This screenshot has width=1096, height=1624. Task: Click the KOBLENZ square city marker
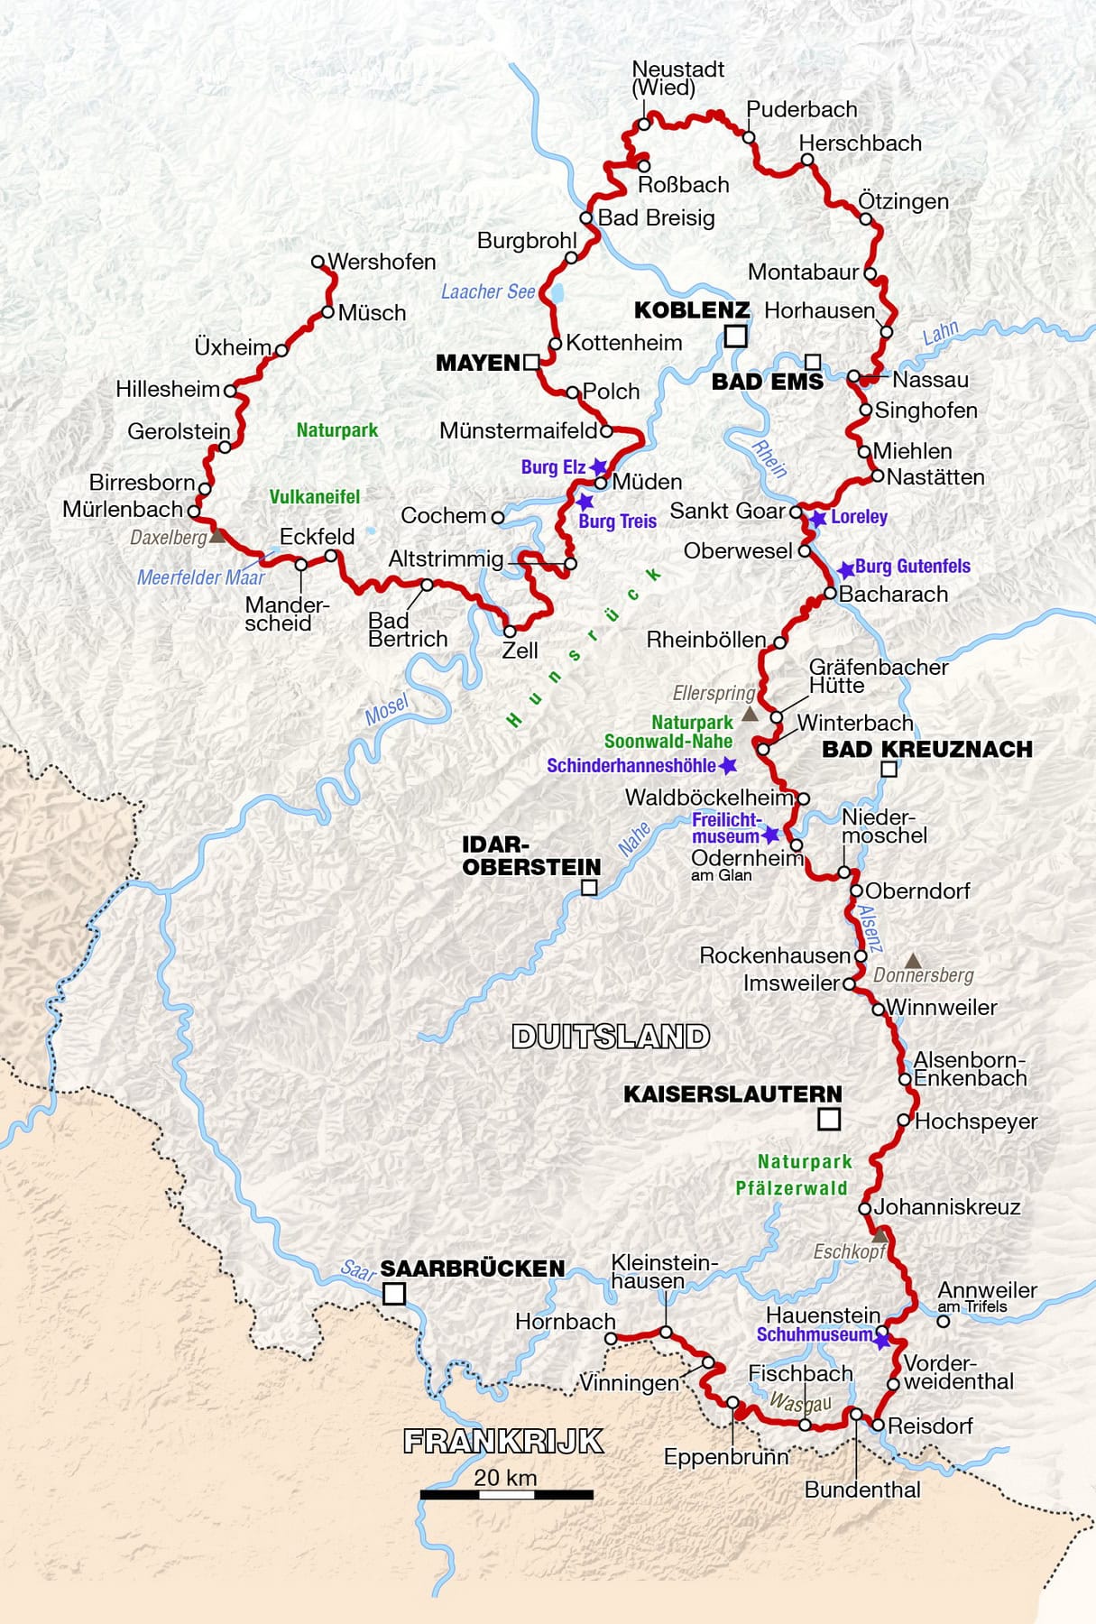(736, 337)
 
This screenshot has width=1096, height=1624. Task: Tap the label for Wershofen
(382, 262)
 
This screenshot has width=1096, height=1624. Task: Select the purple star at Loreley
(817, 519)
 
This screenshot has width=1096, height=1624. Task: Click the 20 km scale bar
(506, 1495)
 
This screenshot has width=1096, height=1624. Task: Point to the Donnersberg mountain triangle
(913, 960)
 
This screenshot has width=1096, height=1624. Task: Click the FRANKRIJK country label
(502, 1441)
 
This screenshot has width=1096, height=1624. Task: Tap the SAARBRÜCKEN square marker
(394, 1295)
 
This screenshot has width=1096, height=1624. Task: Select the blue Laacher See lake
(557, 294)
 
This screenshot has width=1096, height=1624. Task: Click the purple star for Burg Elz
(597, 467)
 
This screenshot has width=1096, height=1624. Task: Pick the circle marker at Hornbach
(612, 1339)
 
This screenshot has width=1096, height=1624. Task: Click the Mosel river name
(386, 710)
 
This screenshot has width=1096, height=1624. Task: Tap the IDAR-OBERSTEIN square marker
(589, 888)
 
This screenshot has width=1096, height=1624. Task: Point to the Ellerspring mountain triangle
(749, 715)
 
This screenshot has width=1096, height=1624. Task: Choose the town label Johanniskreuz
(946, 1207)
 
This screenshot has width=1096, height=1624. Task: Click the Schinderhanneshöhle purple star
(728, 765)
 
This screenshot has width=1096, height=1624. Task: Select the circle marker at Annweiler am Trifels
(943, 1321)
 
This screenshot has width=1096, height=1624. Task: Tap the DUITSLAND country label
(611, 1037)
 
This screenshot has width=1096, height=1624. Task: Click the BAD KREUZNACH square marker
(889, 769)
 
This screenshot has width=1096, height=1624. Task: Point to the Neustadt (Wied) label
(677, 78)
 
